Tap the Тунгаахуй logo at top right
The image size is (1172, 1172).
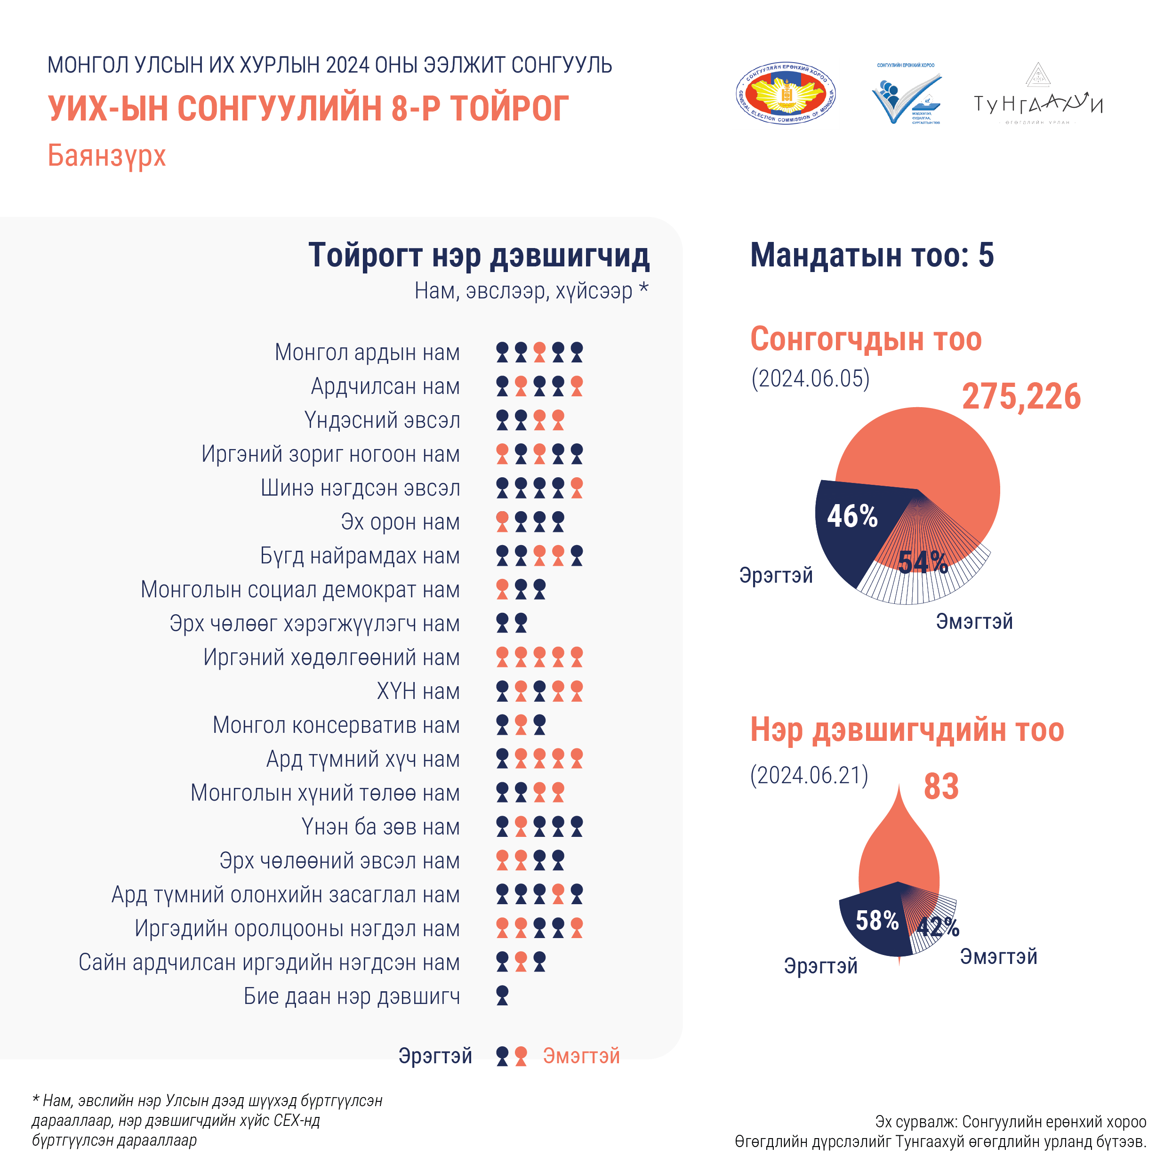[x=1037, y=97]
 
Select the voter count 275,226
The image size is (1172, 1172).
[x=1021, y=397]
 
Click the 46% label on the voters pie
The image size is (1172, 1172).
[x=852, y=516]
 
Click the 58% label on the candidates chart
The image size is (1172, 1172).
[x=877, y=920]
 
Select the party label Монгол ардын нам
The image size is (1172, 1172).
[x=367, y=353]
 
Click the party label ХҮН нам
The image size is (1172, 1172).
[x=418, y=691]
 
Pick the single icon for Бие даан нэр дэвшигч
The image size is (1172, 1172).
[x=502, y=995]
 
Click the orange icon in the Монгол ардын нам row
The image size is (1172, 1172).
[x=539, y=353]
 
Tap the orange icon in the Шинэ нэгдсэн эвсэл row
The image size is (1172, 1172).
[x=577, y=488]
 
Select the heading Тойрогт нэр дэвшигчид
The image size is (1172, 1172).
[x=479, y=256]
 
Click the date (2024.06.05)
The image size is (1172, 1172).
[x=811, y=378]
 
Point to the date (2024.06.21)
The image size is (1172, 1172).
[x=809, y=775]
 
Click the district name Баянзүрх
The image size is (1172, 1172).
[x=107, y=156]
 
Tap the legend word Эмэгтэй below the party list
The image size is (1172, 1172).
[x=581, y=1056]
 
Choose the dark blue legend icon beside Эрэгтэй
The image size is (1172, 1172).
[x=502, y=1056]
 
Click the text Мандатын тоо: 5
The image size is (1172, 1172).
[x=872, y=256]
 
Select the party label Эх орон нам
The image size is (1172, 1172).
[x=401, y=522]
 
